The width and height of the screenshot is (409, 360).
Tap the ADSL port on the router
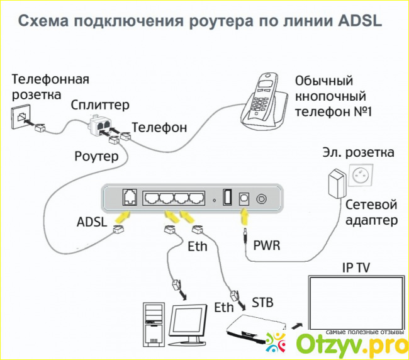(129, 197)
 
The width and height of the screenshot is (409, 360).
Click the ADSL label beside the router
(92, 223)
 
